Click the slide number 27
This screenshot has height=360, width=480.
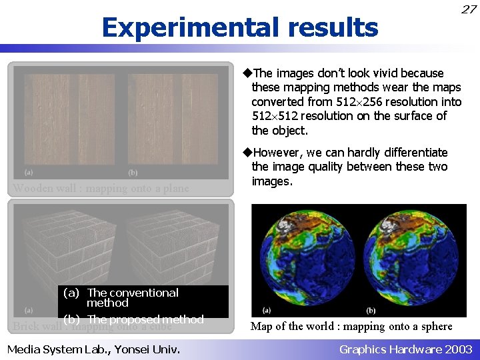(469, 9)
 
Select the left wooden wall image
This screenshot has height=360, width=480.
(69, 117)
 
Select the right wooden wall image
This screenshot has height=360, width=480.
(173, 117)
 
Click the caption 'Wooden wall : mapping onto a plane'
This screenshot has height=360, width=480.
(101, 188)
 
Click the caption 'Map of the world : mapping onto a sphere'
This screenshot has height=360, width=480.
(351, 326)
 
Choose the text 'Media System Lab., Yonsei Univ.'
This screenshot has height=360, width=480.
(93, 348)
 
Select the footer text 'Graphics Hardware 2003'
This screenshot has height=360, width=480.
(405, 349)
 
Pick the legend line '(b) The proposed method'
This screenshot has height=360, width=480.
(133, 319)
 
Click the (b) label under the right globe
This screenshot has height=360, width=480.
(371, 310)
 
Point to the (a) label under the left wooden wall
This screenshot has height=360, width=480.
(28, 172)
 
